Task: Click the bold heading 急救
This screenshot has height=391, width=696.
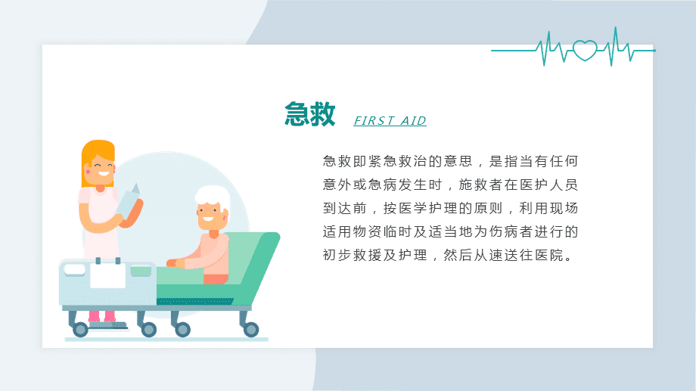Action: pos(310,114)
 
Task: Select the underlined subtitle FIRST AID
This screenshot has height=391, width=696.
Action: pos(390,121)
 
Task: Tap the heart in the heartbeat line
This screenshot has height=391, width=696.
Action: pos(585,50)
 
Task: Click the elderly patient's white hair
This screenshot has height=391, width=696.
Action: pos(213,197)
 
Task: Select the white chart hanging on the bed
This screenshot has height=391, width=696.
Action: pos(108,275)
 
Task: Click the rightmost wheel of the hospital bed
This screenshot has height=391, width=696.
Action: pos(251,329)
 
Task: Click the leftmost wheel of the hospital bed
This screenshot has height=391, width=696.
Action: pos(80,329)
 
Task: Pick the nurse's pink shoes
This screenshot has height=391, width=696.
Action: pos(101,315)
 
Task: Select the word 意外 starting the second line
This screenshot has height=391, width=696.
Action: pos(337,185)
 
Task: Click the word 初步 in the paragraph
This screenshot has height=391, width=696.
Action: pos(337,255)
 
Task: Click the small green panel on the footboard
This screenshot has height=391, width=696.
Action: pos(141,271)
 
